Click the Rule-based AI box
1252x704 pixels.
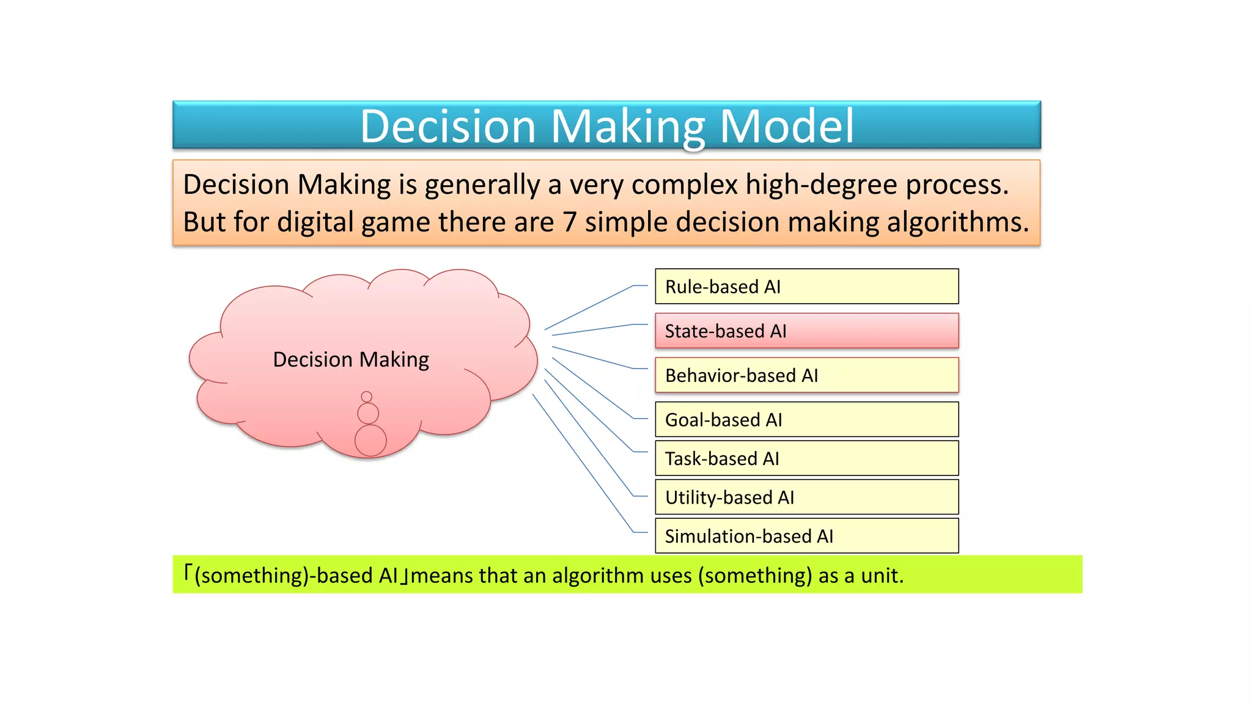[x=806, y=286]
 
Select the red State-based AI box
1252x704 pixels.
[x=806, y=331]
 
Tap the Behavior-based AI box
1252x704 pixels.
[x=806, y=375]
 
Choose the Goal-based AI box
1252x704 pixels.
[x=806, y=419]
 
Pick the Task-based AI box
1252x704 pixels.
[x=806, y=458]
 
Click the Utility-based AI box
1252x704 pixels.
[x=806, y=497]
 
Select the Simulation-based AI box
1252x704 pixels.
[x=806, y=536]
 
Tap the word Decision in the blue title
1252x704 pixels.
[x=448, y=126]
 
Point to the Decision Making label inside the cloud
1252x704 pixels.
[x=351, y=359]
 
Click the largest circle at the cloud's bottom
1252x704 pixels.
[x=370, y=441]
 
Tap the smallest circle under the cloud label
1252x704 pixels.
[x=366, y=397]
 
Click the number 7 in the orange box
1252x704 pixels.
[x=570, y=222]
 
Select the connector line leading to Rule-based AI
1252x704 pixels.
[x=588, y=307]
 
